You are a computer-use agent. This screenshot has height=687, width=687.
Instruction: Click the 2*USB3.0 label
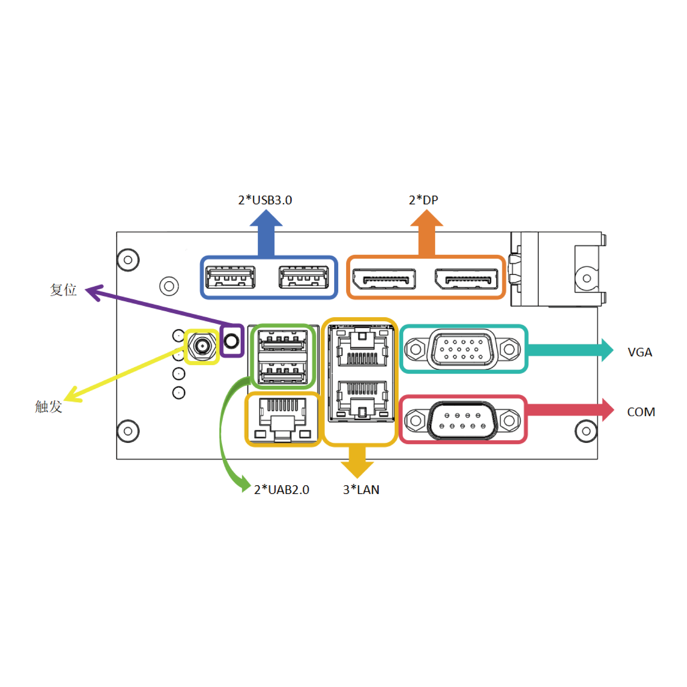(265, 200)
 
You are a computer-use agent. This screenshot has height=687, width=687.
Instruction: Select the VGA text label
(640, 352)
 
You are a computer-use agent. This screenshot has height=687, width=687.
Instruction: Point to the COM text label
(641, 412)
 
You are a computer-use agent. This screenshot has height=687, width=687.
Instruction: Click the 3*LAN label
(361, 490)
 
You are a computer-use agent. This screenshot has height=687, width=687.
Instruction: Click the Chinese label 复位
(63, 290)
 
